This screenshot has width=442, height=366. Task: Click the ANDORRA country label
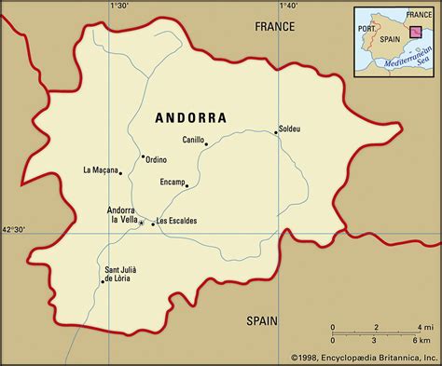point(189,118)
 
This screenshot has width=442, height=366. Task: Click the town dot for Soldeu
point(276,133)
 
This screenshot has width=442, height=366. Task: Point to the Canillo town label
point(193,141)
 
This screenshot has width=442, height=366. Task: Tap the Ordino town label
point(156,160)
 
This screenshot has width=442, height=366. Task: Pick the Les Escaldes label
point(176,221)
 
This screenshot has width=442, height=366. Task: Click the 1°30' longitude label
point(118,7)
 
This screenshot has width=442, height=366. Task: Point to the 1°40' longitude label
point(286,7)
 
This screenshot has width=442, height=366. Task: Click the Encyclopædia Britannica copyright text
point(363,357)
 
